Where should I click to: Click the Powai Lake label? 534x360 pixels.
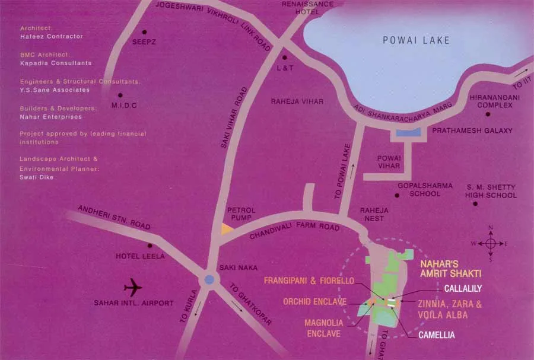(416, 41)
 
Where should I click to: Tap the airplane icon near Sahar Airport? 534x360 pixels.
(133, 288)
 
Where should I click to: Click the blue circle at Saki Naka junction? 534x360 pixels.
(209, 279)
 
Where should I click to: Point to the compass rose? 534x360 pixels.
(491, 243)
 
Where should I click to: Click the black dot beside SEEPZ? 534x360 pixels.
(144, 32)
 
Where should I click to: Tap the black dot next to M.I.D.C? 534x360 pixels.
(120, 95)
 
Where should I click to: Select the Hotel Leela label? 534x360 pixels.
(140, 256)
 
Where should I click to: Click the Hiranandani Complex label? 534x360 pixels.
(491, 101)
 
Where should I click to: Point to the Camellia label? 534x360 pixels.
(437, 335)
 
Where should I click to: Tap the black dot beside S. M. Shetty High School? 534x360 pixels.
(476, 204)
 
